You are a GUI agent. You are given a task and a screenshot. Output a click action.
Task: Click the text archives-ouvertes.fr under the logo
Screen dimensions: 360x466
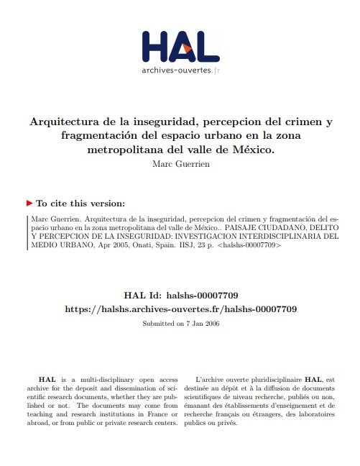[180, 71]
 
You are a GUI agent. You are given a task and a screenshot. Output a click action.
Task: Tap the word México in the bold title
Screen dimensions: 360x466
[254, 151]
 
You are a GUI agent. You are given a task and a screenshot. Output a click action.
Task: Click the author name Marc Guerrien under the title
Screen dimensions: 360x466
[180, 164]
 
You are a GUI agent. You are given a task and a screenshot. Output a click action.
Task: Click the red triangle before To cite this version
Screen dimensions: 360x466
[29, 204]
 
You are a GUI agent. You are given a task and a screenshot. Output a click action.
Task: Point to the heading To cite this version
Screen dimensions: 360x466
[80, 204]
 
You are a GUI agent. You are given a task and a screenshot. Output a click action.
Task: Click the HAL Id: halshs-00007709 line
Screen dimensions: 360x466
[180, 295]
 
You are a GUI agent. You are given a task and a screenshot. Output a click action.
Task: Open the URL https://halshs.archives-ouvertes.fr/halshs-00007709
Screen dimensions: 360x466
[180, 309]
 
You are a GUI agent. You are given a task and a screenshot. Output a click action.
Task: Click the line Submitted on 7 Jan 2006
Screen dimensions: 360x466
[180, 324]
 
